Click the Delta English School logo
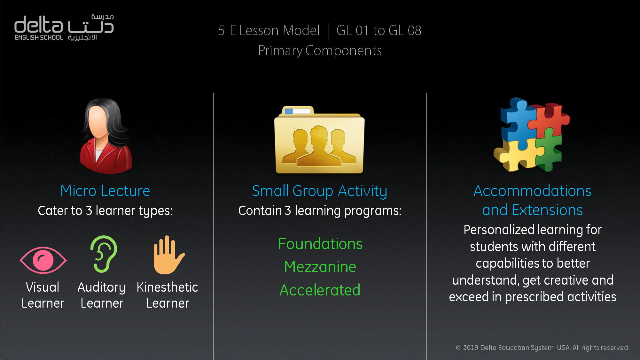pyautogui.click(x=64, y=27)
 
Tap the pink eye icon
pyautogui.click(x=43, y=260)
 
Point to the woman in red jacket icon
pyautogui.click(x=106, y=136)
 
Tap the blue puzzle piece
pyautogui.click(x=518, y=123)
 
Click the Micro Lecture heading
pyautogui.click(x=105, y=191)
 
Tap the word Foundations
pyautogui.click(x=320, y=244)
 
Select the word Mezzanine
pyautogui.click(x=320, y=267)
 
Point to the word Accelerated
pyautogui.click(x=320, y=290)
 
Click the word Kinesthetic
pyautogui.click(x=167, y=287)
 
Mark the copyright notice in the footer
pyautogui.click(x=542, y=348)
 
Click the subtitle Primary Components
pyautogui.click(x=320, y=51)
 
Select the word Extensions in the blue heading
pyautogui.click(x=547, y=210)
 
